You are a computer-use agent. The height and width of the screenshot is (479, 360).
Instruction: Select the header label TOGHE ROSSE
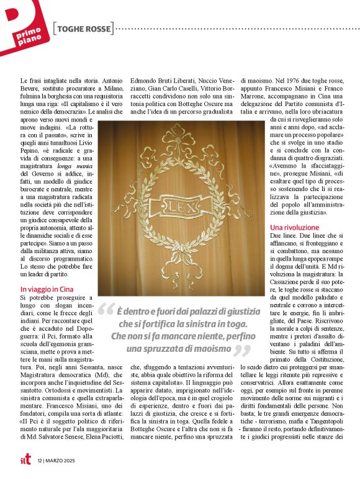tap(84, 29)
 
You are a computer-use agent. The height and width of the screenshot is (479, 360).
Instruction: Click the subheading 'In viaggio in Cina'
tap(47, 289)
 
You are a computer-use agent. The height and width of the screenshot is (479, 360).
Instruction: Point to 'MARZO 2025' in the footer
tap(61, 460)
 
